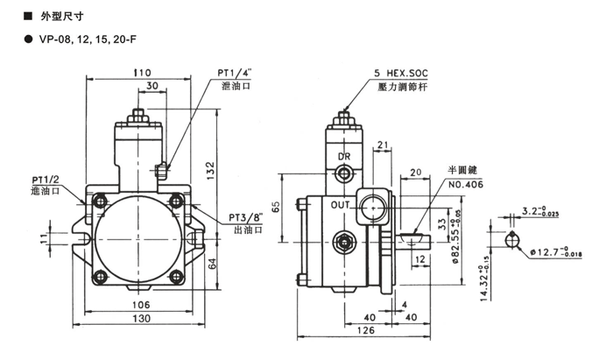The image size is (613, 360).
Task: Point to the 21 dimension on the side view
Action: click(382, 145)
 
